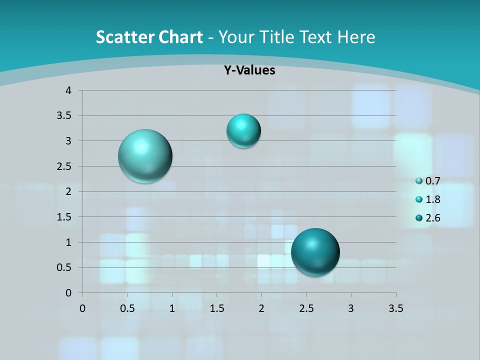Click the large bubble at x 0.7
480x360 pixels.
pyautogui.click(x=145, y=156)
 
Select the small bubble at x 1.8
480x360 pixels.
pyautogui.click(x=243, y=131)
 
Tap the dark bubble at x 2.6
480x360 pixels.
pyautogui.click(x=315, y=252)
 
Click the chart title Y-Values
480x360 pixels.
pyautogui.click(x=249, y=70)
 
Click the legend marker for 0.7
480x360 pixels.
pyautogui.click(x=419, y=181)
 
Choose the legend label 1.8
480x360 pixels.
pyautogui.click(x=432, y=199)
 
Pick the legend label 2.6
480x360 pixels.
pyautogui.click(x=432, y=218)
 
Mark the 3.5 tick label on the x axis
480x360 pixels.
pyautogui.click(x=395, y=308)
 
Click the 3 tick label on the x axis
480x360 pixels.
pyautogui.click(x=351, y=308)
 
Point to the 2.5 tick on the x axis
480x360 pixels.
pyautogui.click(x=306, y=308)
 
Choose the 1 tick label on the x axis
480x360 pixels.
pyautogui.click(x=172, y=308)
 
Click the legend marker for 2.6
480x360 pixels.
pyautogui.click(x=419, y=218)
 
